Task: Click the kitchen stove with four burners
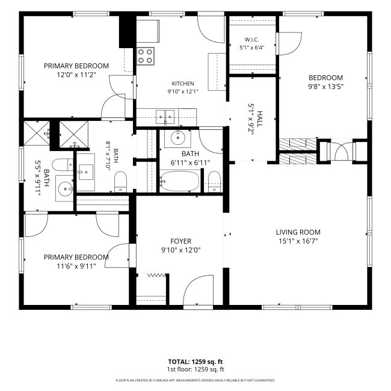[145, 56]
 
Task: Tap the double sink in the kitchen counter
[165, 117]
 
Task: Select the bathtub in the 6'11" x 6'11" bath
[179, 181]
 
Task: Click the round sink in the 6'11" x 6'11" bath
[178, 137]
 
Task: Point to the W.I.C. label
[251, 40]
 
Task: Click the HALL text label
[260, 119]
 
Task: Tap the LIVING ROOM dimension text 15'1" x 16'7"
[298, 241]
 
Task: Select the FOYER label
[181, 241]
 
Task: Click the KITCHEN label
[183, 84]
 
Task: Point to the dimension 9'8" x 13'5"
[325, 87]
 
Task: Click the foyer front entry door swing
[199, 291]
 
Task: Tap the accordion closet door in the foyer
[156, 275]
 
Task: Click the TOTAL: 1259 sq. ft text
[195, 362]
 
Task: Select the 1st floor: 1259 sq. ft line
[195, 369]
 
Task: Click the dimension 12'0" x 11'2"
[76, 75]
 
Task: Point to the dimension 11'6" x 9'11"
[76, 266]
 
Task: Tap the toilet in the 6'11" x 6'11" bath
[214, 182]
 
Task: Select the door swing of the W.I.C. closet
[289, 44]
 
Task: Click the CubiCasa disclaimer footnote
[195, 380]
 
